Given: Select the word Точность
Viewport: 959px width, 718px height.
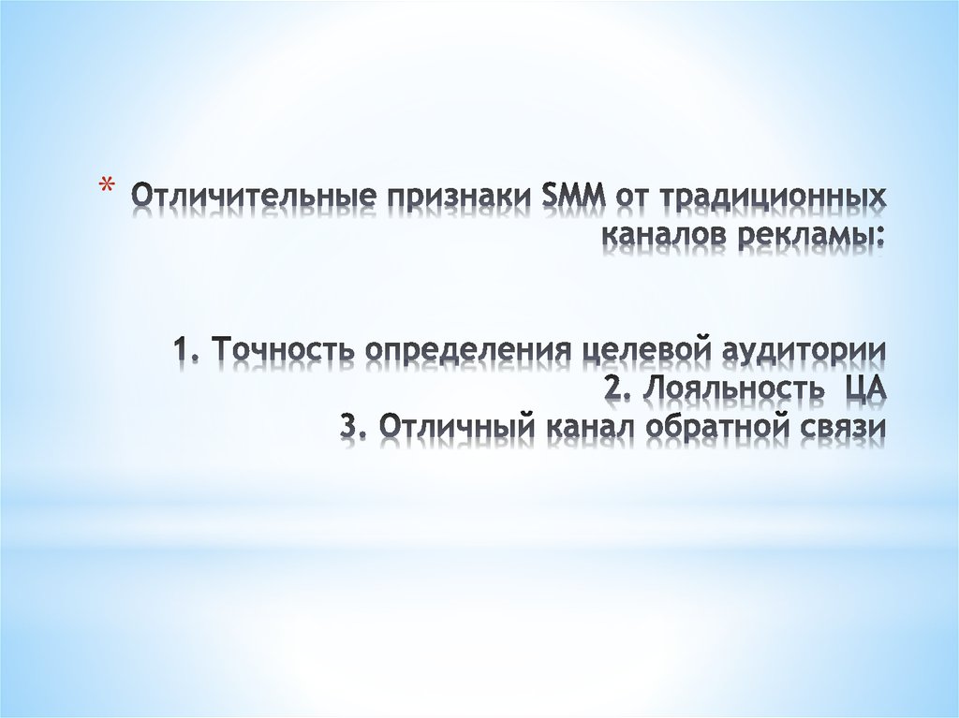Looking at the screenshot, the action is [284, 351].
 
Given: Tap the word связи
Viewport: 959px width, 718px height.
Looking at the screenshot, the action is [842, 428].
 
